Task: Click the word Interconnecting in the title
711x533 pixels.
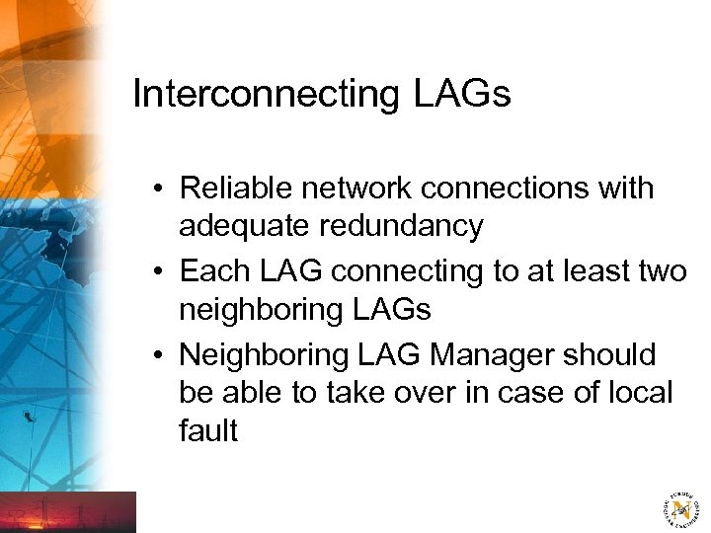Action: [x=262, y=95]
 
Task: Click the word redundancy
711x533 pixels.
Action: [x=403, y=227]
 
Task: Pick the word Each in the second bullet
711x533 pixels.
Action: [x=212, y=270]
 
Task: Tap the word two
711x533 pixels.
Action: [x=661, y=270]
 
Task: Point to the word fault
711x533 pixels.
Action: [x=208, y=431]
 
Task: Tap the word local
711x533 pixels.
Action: [x=640, y=393]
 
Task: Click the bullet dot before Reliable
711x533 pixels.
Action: [x=159, y=189]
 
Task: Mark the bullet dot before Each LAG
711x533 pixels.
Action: [x=159, y=271]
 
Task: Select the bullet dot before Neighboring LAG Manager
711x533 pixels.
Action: [x=159, y=354]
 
